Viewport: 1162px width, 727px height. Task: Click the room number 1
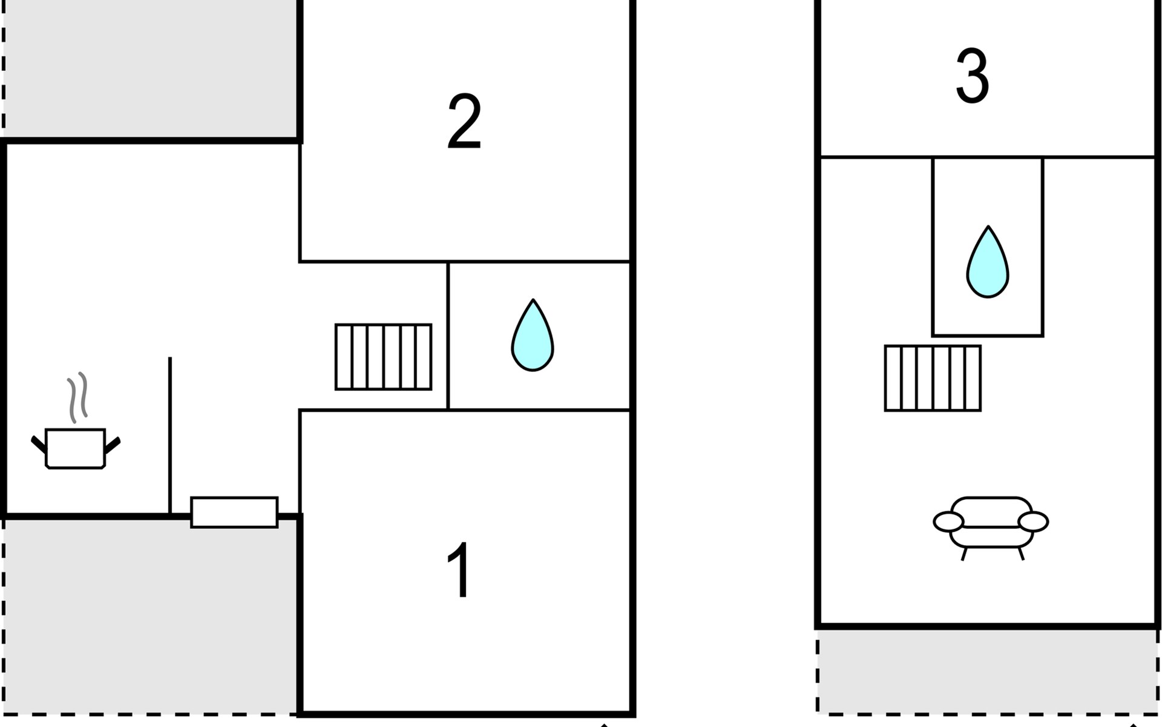coord(459,569)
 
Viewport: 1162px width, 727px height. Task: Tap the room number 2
coord(464,121)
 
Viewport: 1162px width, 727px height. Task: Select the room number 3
coord(972,76)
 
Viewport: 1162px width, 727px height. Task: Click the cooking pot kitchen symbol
coord(76,448)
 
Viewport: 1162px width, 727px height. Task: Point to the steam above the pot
coord(77,396)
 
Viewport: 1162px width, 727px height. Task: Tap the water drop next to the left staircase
coord(533,336)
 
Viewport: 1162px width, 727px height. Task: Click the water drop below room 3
coord(987,264)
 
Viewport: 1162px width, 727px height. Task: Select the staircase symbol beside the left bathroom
coord(383,357)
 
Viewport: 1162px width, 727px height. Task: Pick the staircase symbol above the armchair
coord(932,379)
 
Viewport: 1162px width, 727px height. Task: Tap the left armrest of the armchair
coord(948,522)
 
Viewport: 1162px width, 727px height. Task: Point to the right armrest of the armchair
coord(1033,522)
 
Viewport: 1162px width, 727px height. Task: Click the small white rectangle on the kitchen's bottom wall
coord(234,513)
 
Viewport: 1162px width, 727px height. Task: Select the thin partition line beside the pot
coord(170,436)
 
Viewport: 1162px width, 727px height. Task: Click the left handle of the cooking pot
coord(38,444)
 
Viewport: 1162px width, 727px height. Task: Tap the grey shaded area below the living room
coord(986,671)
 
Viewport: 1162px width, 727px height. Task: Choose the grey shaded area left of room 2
coord(151,70)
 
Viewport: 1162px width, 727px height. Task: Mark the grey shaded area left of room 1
coord(151,615)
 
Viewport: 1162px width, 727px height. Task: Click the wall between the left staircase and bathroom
coord(448,336)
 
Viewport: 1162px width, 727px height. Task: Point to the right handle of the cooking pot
coord(113,445)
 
